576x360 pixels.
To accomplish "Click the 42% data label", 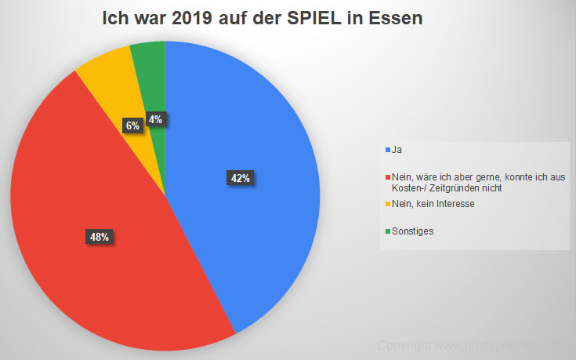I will coord(239,178).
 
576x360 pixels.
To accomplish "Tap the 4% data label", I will coord(156,120).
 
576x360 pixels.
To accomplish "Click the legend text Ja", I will coord(397,149).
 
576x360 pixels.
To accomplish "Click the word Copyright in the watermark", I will coord(401,345).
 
